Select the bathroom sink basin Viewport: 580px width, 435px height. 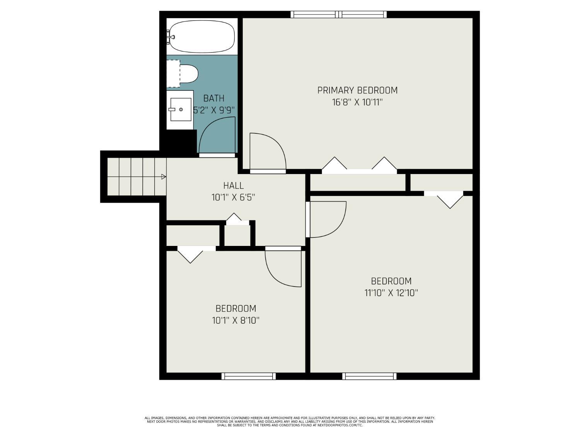pyautogui.click(x=181, y=109)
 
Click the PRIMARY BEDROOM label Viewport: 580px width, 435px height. pyautogui.click(x=357, y=90)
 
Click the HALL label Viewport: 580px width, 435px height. pyautogui.click(x=234, y=186)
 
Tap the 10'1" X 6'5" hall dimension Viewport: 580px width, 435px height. pyautogui.click(x=234, y=198)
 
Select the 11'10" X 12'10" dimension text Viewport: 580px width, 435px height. pyautogui.click(x=391, y=293)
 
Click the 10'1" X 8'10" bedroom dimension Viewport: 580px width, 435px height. pyautogui.click(x=235, y=321)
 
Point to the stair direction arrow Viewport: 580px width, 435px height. pyautogui.click(x=163, y=177)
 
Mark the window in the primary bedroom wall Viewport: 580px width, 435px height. pyautogui.click(x=339, y=15)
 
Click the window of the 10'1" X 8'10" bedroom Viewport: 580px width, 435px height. pyautogui.click(x=249, y=376)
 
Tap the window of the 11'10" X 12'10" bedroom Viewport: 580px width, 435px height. pyautogui.click(x=369, y=376)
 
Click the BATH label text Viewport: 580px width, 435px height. pyautogui.click(x=214, y=98)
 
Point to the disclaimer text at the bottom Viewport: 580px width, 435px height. pyautogui.click(x=290, y=421)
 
